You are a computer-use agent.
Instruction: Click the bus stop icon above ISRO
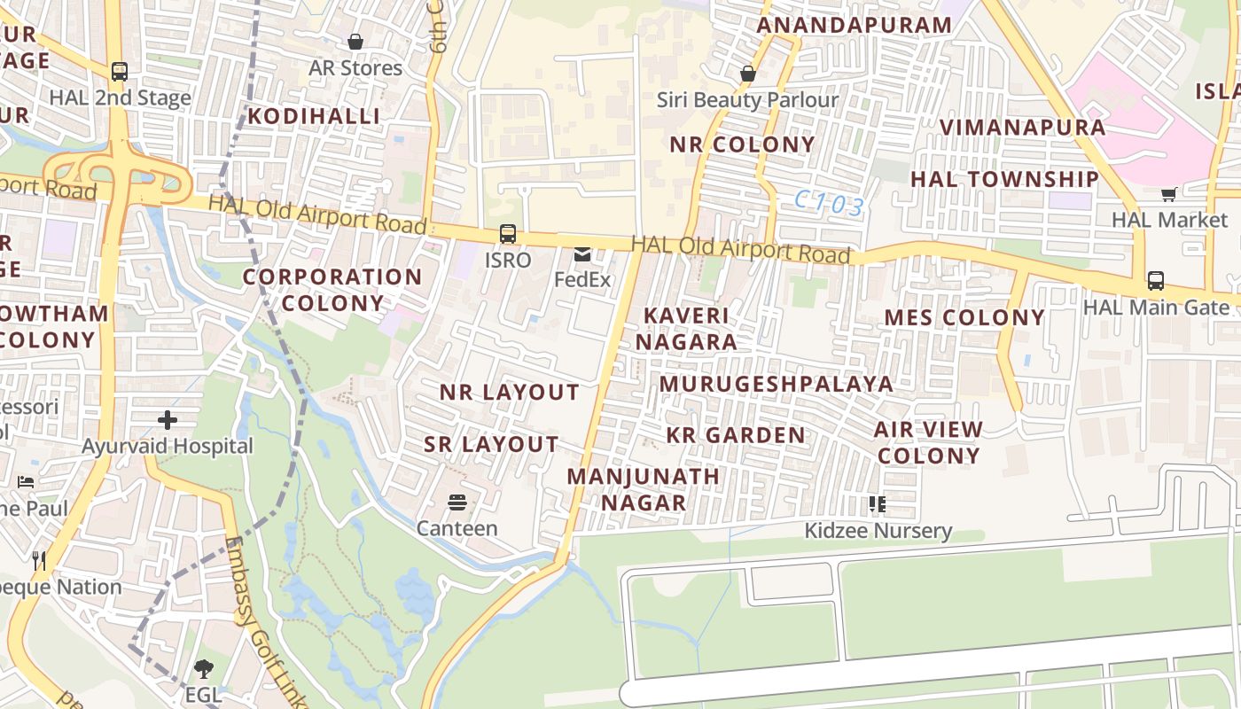(x=507, y=234)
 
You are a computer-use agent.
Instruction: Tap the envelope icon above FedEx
(x=582, y=255)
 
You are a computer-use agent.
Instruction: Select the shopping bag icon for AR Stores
(x=355, y=42)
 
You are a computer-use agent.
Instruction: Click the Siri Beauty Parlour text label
(x=747, y=100)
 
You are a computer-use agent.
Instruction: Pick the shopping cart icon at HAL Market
(x=1169, y=193)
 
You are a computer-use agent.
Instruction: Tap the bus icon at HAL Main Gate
(x=1155, y=281)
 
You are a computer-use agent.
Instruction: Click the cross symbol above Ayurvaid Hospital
(x=168, y=420)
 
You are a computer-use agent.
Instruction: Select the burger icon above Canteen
(x=457, y=503)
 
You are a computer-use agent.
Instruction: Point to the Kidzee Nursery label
(x=878, y=531)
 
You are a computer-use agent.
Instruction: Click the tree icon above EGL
(x=204, y=668)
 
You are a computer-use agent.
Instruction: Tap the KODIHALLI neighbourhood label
(x=314, y=116)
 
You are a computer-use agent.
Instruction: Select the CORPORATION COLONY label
(x=332, y=290)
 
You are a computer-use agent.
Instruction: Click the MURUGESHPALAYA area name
(x=777, y=384)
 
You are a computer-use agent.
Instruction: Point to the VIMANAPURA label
(x=1022, y=127)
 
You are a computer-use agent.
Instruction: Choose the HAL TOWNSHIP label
(x=1004, y=179)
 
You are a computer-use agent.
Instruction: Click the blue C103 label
(x=829, y=205)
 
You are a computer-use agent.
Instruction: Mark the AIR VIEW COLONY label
(x=928, y=442)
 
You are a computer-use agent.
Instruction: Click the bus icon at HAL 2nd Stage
(x=120, y=72)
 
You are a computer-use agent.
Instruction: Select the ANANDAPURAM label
(x=854, y=25)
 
